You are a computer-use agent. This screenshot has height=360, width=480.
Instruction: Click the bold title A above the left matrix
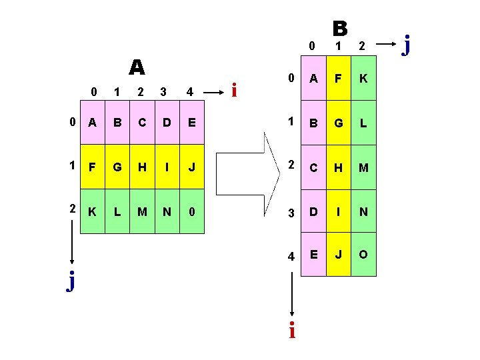pyautogui.click(x=137, y=67)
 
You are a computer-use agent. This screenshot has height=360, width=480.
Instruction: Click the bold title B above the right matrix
pyautogui.click(x=340, y=28)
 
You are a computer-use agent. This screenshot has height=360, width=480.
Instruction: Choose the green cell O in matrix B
pyautogui.click(x=364, y=255)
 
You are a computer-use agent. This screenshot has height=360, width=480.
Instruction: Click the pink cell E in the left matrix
pyautogui.click(x=191, y=123)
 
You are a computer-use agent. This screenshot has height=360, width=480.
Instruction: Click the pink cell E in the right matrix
pyautogui.click(x=314, y=255)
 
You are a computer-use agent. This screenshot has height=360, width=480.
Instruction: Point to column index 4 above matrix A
pyautogui.click(x=190, y=91)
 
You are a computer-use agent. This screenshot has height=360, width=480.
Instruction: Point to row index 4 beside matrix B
pyautogui.click(x=290, y=256)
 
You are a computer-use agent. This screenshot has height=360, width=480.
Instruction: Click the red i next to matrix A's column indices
pyautogui.click(x=234, y=89)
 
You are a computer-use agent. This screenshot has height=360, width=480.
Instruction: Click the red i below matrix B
pyautogui.click(x=291, y=330)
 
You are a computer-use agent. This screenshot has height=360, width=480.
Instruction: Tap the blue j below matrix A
pyautogui.click(x=71, y=282)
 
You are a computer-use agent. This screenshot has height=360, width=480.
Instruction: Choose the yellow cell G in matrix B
pyautogui.click(x=339, y=123)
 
